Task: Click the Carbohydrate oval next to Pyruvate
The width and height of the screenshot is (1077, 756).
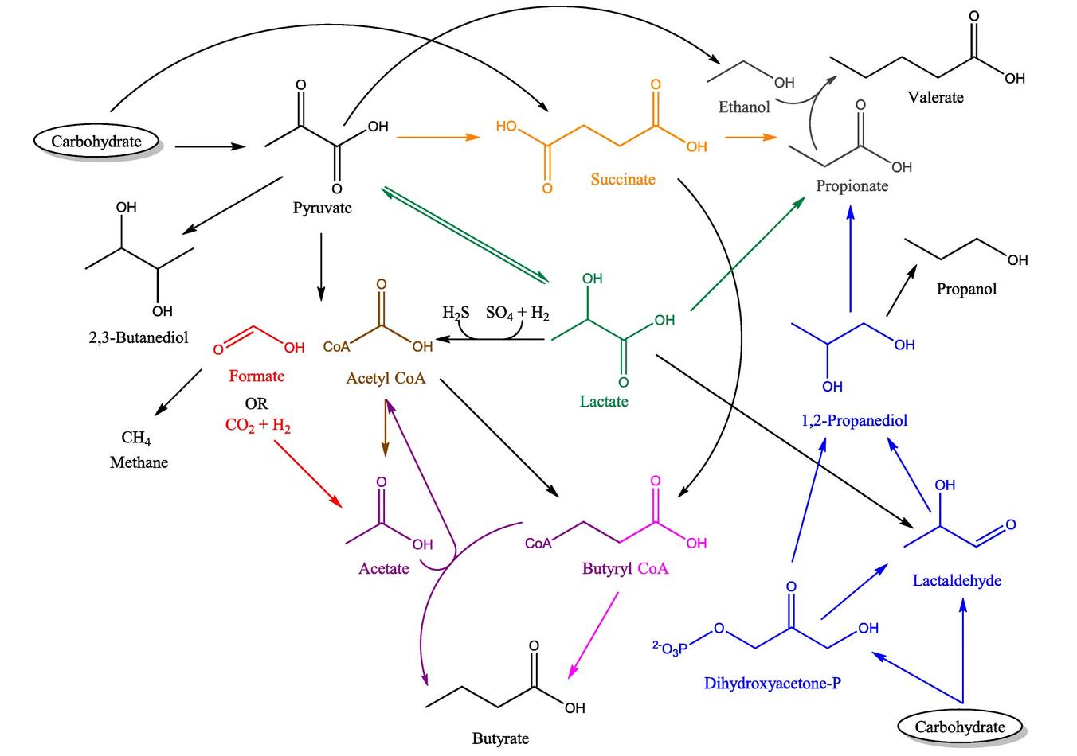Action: click(96, 142)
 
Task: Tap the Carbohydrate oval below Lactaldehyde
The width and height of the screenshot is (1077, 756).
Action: click(959, 726)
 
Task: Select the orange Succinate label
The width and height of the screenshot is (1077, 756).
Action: click(622, 180)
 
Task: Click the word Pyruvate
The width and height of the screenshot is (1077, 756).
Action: click(322, 208)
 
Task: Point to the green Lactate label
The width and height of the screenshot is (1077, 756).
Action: click(603, 402)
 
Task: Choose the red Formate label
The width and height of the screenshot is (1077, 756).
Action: click(257, 376)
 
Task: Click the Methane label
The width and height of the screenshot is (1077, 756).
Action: click(139, 462)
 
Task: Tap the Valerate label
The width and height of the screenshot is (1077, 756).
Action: click(935, 98)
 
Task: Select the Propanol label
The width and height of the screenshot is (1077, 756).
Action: click(966, 289)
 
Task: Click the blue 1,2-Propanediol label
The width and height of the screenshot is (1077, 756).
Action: click(854, 420)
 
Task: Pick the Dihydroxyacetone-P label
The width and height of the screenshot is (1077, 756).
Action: click(772, 683)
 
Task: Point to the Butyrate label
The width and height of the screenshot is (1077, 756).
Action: click(500, 738)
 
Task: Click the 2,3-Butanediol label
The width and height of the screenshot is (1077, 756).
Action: click(139, 337)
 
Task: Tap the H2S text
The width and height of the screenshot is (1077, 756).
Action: click(456, 314)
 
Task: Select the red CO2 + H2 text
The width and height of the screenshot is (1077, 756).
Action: click(257, 426)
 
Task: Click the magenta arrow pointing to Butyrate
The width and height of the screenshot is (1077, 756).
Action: click(593, 636)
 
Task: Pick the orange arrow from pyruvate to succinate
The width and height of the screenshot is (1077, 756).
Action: click(437, 137)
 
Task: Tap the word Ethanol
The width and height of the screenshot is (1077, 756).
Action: click(744, 107)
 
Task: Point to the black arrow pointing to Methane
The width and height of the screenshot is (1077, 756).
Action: click(178, 392)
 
